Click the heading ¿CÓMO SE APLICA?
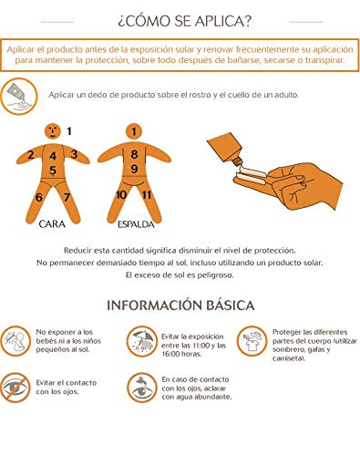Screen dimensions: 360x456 click(184, 21)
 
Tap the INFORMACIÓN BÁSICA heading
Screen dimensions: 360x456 click(180, 306)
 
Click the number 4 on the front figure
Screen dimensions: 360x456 click(53, 156)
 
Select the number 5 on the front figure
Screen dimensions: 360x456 click(53, 171)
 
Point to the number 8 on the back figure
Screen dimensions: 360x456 click(134, 154)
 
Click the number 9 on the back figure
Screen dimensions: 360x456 click(134, 169)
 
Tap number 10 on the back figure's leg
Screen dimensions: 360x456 click(121, 195)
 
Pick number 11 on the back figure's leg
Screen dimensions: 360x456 click(147, 194)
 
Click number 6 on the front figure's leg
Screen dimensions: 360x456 click(39, 197)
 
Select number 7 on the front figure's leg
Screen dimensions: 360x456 click(67, 197)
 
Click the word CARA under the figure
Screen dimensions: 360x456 click(52, 224)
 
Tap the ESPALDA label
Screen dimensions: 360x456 click(136, 224)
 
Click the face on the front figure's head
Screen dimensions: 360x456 click(53, 131)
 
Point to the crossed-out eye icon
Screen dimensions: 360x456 click(15, 388)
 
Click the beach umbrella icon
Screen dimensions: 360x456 click(142, 342)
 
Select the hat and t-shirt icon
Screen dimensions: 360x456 click(252, 341)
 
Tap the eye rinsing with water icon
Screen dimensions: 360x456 click(142, 388)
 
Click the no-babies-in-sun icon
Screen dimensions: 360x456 click(15, 341)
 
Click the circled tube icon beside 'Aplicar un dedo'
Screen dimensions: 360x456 click(18, 97)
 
